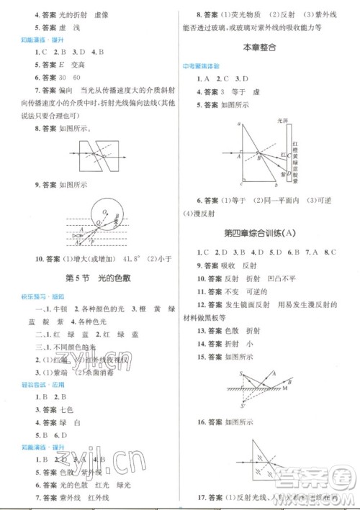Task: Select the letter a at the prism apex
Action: [x=239, y=124]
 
